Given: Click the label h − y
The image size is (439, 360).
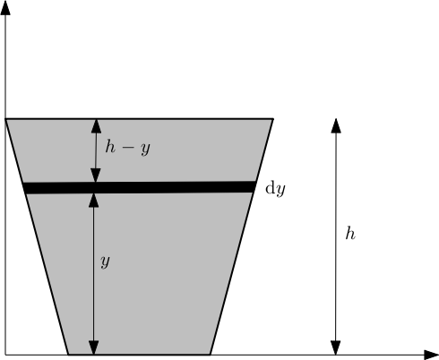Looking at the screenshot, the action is [x=127, y=148].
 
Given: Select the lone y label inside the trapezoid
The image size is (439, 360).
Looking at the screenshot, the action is [x=105, y=261].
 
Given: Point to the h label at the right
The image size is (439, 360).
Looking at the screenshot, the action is [x=350, y=234].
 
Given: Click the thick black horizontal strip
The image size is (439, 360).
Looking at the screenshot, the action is [x=139, y=187].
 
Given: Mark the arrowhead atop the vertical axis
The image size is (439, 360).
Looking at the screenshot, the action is [x=6, y=8].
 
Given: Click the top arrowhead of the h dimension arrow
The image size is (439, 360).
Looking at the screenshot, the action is [x=336, y=124].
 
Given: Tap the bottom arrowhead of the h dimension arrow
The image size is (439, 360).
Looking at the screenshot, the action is [x=336, y=347].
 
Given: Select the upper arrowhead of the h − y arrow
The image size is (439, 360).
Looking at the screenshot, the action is [x=96, y=124].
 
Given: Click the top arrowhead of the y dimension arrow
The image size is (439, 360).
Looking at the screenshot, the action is [x=95, y=200].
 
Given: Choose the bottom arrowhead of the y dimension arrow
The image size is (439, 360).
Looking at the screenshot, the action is [x=95, y=347].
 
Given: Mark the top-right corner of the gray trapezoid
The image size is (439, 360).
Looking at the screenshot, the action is [x=273, y=118].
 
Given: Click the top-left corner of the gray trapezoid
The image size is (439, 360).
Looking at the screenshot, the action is [x=6, y=118].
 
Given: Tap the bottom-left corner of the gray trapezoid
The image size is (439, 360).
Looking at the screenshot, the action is [x=68, y=355].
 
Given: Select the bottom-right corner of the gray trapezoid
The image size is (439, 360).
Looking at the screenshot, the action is [x=211, y=355].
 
